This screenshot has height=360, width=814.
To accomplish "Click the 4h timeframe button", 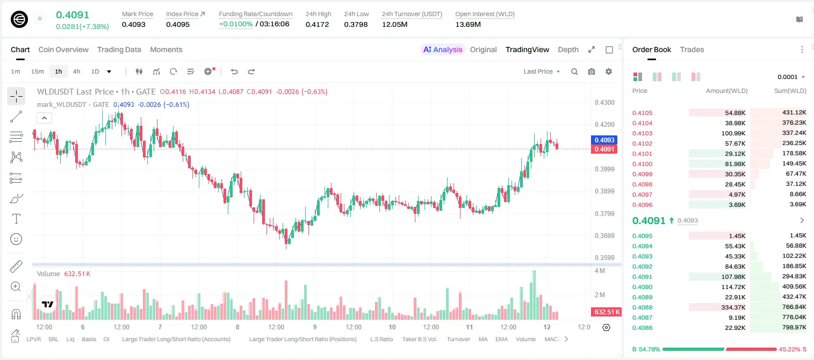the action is [76, 71].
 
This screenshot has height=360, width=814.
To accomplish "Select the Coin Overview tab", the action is [63, 49].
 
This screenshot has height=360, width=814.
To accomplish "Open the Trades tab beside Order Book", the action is [691, 49].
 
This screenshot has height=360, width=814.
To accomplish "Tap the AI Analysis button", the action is [443, 49].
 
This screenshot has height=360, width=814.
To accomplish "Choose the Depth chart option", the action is [568, 49].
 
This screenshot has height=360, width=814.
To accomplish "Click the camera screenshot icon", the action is [591, 71].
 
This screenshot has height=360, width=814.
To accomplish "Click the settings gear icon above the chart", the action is [609, 71].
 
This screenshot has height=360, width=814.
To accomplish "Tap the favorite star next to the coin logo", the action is [40, 18].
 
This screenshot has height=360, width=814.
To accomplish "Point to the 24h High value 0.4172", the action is [317, 24].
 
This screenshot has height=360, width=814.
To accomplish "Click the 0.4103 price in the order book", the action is [642, 133].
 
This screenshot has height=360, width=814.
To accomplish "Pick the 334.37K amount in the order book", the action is [733, 307].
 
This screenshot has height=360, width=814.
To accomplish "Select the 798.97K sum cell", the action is [794, 327].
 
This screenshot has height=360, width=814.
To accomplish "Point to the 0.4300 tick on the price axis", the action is [604, 103].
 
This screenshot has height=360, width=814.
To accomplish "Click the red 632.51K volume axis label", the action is [606, 312].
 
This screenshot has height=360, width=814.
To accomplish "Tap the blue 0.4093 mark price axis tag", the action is [604, 140].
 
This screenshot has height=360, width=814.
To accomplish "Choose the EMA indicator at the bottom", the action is [501, 339].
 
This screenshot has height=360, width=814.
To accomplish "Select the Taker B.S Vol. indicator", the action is [419, 339].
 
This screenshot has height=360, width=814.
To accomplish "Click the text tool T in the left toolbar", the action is [16, 219].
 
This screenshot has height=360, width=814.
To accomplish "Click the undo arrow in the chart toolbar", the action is [234, 71].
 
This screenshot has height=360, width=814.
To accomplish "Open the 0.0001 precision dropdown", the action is [791, 77].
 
